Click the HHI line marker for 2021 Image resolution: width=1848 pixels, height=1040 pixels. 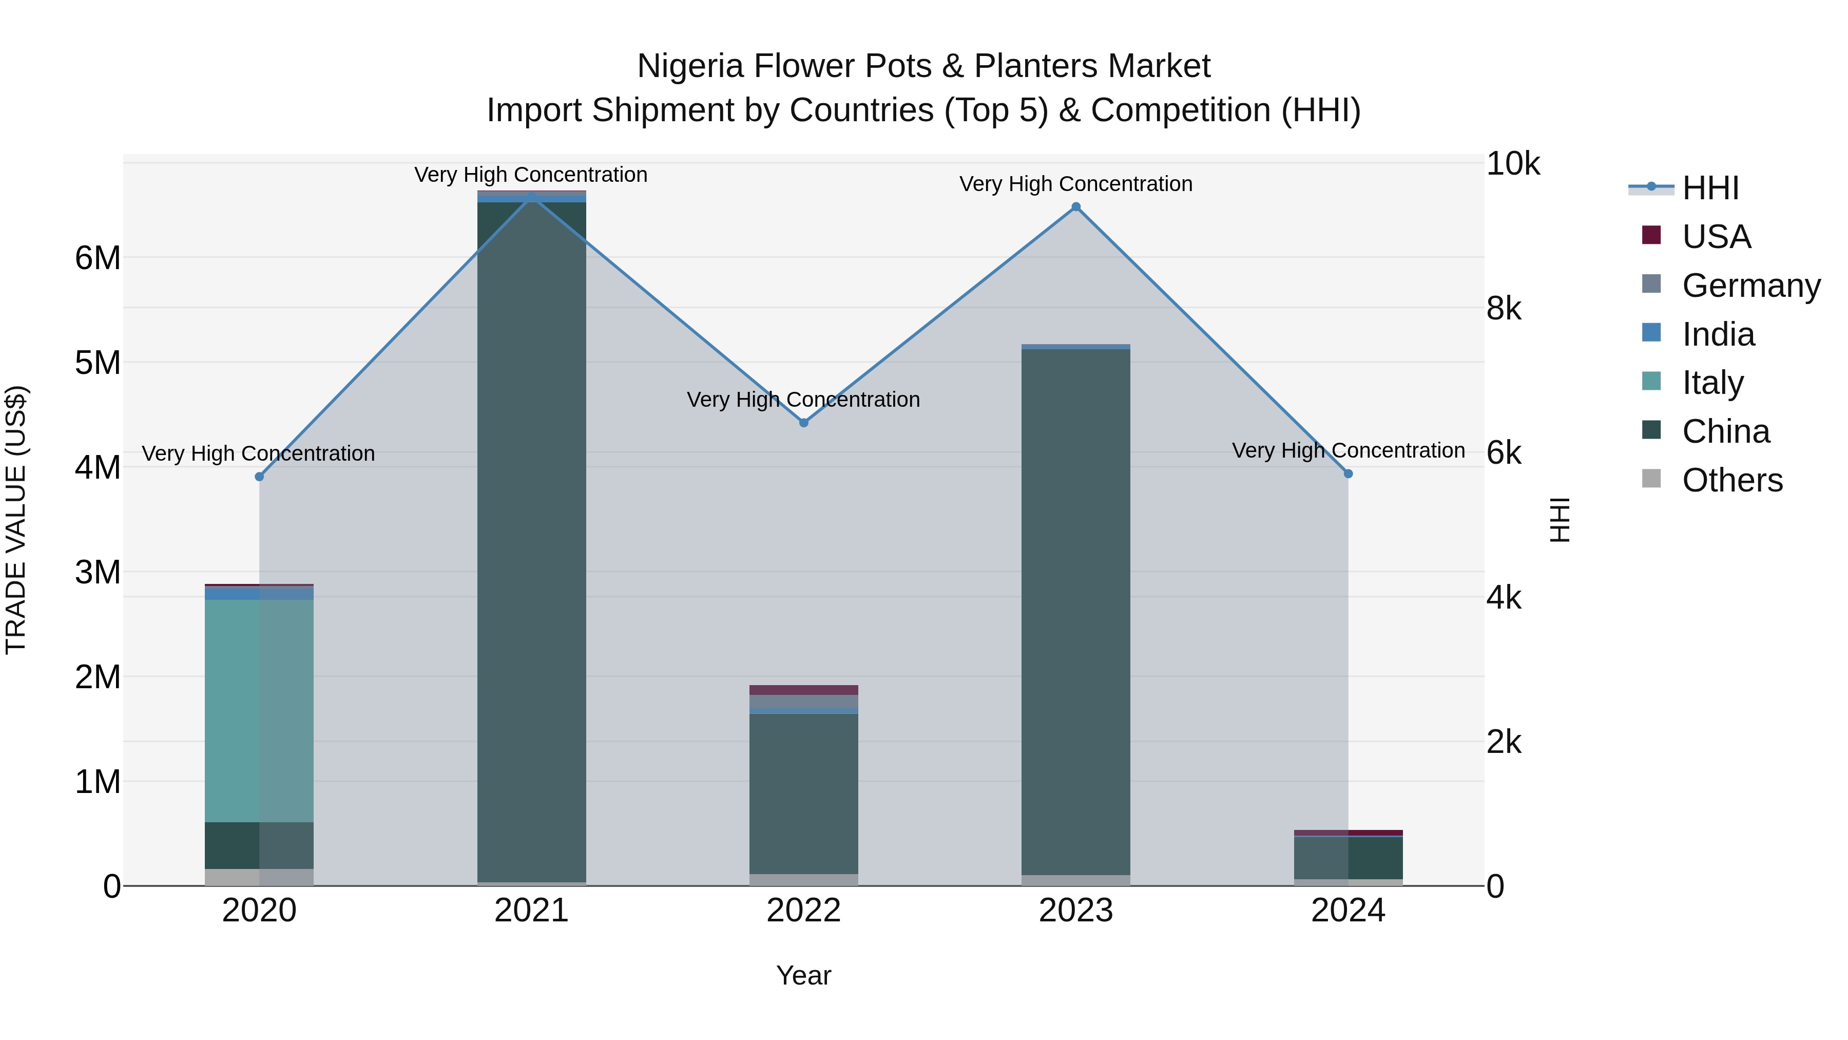[x=532, y=197]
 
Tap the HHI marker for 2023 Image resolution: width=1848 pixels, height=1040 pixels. [x=1076, y=207]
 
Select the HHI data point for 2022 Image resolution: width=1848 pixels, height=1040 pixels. [x=803, y=423]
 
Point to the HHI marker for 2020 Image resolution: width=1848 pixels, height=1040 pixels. [x=260, y=477]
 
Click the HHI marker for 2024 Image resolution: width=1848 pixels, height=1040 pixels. [x=1348, y=474]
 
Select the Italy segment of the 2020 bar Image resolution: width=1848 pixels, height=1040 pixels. [x=259, y=711]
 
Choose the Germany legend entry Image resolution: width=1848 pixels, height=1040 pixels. [x=1750, y=286]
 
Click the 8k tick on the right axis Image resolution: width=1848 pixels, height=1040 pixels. [x=1504, y=309]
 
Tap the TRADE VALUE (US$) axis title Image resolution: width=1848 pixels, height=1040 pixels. [x=16, y=520]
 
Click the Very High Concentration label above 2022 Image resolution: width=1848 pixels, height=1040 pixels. [x=803, y=400]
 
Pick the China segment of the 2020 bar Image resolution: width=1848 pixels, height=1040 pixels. [x=259, y=845]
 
